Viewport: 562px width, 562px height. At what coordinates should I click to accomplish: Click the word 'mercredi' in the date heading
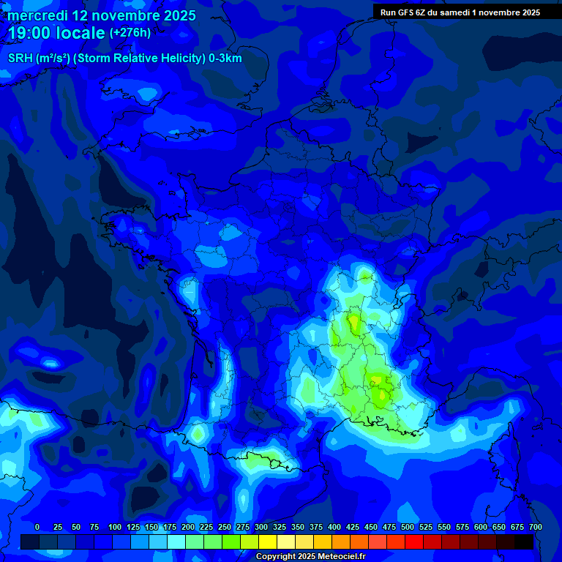point(37,15)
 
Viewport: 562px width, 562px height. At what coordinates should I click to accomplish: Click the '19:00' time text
point(29,33)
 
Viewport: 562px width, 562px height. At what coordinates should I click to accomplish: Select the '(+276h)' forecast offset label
point(130,33)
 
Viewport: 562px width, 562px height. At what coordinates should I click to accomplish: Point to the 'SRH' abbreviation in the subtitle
point(20,59)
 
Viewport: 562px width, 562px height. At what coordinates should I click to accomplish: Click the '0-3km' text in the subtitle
point(225,59)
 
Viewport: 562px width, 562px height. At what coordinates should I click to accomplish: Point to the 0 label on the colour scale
point(37,527)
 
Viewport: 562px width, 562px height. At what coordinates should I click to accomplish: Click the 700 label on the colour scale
point(535,527)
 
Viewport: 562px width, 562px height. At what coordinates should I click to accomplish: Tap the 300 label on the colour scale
point(261,527)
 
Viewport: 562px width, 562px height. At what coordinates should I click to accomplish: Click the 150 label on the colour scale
point(151,527)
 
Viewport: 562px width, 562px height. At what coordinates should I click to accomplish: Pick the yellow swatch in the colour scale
point(268,542)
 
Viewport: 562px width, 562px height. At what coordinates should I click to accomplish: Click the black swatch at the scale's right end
point(524,542)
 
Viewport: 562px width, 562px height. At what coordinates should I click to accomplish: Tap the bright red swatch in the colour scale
point(414,542)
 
